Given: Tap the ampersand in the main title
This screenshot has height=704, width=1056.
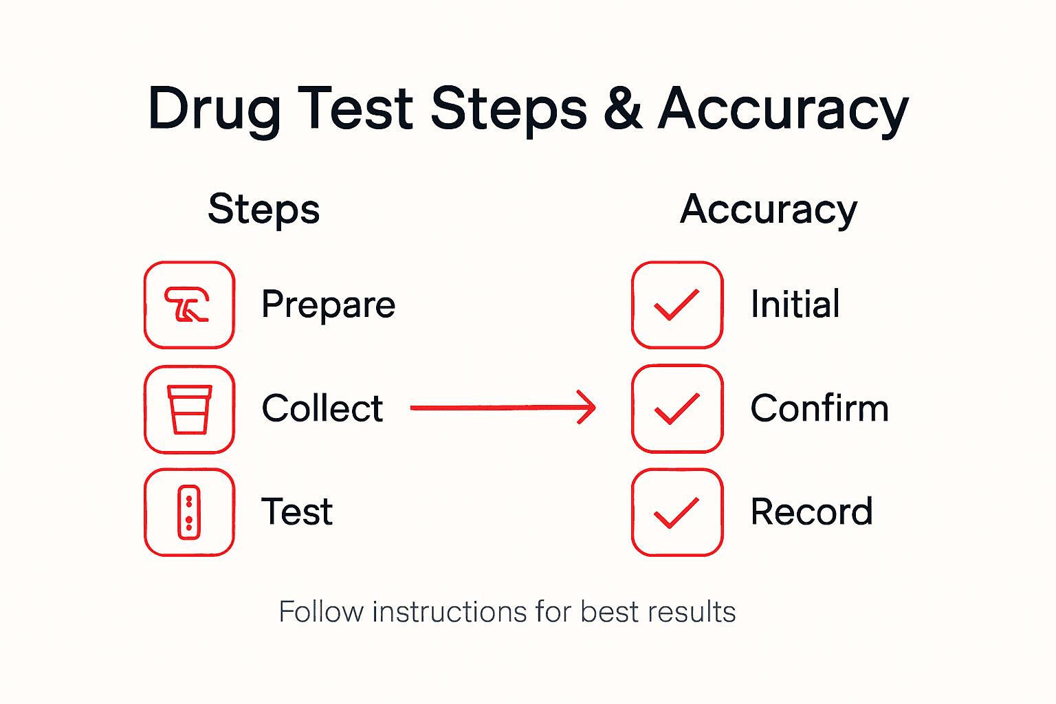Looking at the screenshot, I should pos(623,109).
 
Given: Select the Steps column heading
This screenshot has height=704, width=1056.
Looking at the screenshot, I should pos(264,210).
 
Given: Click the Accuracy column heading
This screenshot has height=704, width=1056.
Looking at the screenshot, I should pos(769,210).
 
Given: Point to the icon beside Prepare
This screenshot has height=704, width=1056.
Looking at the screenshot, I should pos(189,305).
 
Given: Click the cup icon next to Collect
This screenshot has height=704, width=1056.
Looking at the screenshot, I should pos(189,409).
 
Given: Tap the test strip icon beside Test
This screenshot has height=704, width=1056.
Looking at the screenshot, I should pos(189,512).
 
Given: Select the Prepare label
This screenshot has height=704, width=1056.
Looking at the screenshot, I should pos(329,305).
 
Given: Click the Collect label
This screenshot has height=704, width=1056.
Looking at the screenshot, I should pos(322,408).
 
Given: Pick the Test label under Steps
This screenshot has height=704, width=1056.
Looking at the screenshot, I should pos(297,512).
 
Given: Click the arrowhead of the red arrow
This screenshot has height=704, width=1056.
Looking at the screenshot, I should pos(588,408).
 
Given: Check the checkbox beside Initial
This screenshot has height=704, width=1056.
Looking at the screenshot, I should pos(677,305).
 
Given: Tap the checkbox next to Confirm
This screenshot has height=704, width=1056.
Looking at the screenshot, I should pos(677,409).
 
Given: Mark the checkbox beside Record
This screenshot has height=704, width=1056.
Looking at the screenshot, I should pos(677,512).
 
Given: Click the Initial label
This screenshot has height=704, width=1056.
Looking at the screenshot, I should pos(795,304).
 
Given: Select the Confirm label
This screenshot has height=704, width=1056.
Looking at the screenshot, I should pos(819,408).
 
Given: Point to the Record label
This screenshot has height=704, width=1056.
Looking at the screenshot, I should pos(811,512).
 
